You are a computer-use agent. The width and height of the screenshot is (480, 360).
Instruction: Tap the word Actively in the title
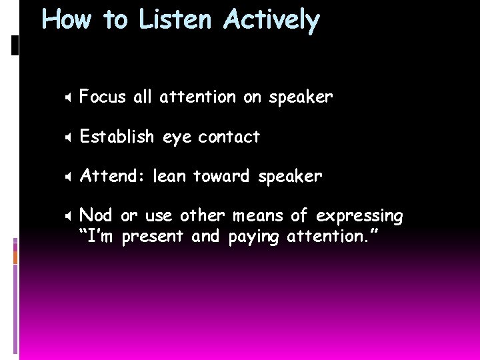pos(272,20)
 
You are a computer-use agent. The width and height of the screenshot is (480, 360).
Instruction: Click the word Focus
pos(103,97)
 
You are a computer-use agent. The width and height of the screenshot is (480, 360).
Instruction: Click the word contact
pos(229,137)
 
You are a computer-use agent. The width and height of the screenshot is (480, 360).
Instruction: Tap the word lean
pos(170,177)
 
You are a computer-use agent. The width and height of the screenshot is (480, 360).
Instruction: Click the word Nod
pos(96,216)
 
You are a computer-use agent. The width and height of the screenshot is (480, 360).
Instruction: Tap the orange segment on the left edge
pos(16,257)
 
